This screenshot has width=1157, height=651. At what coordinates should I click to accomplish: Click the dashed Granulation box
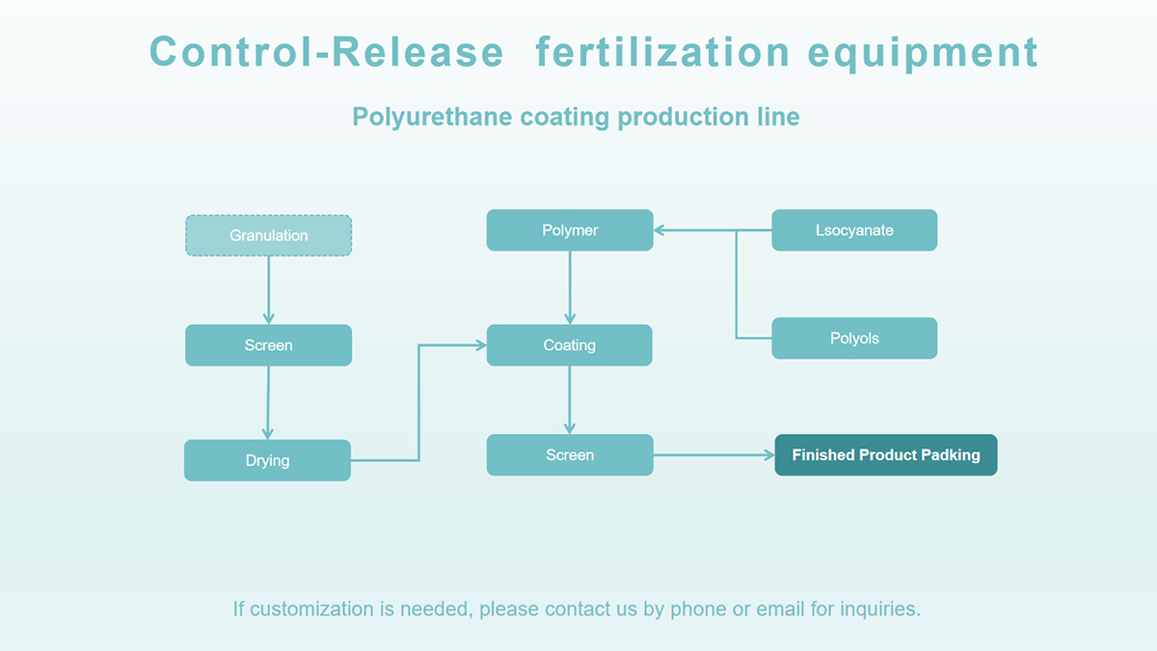click(269, 235)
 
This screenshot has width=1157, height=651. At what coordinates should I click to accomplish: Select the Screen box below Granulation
click(269, 345)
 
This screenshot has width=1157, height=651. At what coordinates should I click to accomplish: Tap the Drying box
click(268, 460)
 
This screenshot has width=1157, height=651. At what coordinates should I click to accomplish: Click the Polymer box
click(570, 230)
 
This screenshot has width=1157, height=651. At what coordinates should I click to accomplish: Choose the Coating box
click(569, 345)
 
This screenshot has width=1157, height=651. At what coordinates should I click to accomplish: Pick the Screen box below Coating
click(570, 454)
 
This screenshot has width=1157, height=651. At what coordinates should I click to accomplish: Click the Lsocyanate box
click(854, 230)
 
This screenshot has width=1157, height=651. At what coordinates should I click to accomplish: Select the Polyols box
click(854, 338)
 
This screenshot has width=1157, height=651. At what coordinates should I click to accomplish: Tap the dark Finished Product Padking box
click(886, 454)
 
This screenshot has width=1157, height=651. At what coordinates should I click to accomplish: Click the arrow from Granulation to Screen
click(269, 290)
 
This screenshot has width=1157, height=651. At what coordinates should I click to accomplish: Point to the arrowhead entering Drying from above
click(268, 433)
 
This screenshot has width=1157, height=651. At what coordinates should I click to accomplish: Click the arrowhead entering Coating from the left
click(481, 345)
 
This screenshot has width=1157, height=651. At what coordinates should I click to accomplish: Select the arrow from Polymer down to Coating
click(570, 287)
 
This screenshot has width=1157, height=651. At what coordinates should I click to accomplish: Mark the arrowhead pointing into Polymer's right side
click(659, 231)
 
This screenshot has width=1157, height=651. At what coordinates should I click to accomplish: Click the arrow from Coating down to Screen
click(570, 400)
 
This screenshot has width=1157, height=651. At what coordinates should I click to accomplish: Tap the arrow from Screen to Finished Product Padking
click(713, 455)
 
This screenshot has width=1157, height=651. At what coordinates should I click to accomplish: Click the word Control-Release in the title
click(327, 52)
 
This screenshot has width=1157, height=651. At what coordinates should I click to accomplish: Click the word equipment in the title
click(923, 54)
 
